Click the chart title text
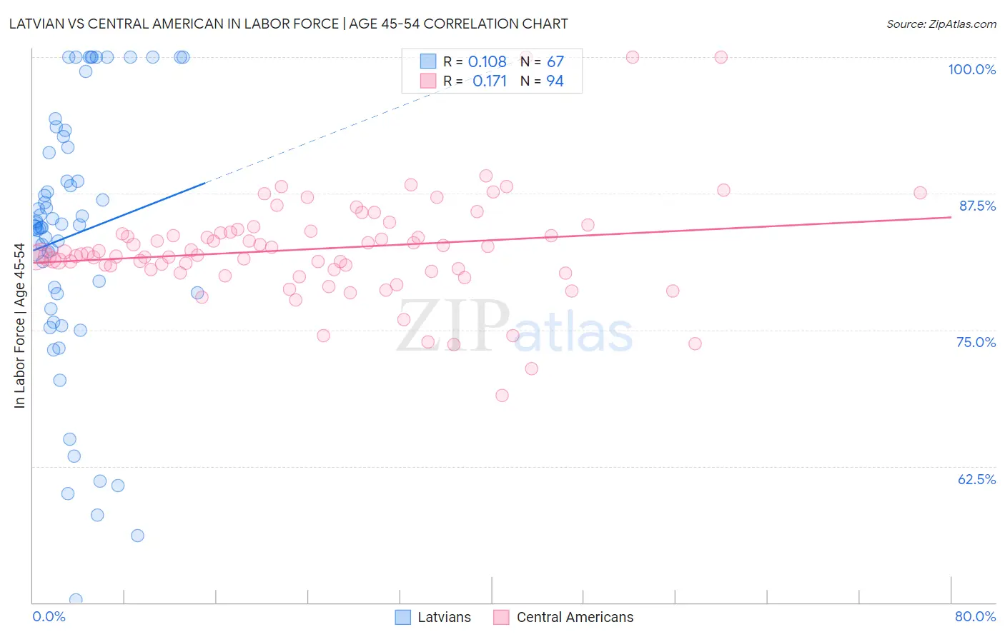coord(289,24)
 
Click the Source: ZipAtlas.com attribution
coord(941,24)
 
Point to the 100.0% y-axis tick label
coord(971,69)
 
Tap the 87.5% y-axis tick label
coord(977,206)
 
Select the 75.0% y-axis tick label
coord(976,342)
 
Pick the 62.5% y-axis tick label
coord(976,479)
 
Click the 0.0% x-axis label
coord(49,616)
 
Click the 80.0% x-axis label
coord(975,616)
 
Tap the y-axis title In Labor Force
coord(19,326)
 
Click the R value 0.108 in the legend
coord(487,62)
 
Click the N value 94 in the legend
coord(555,81)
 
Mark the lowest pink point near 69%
coord(502,396)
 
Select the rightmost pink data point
coord(920,193)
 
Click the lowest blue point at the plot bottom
coord(76,600)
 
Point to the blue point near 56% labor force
coord(137,536)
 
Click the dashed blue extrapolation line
coord(322,138)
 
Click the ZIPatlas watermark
coord(515,327)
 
